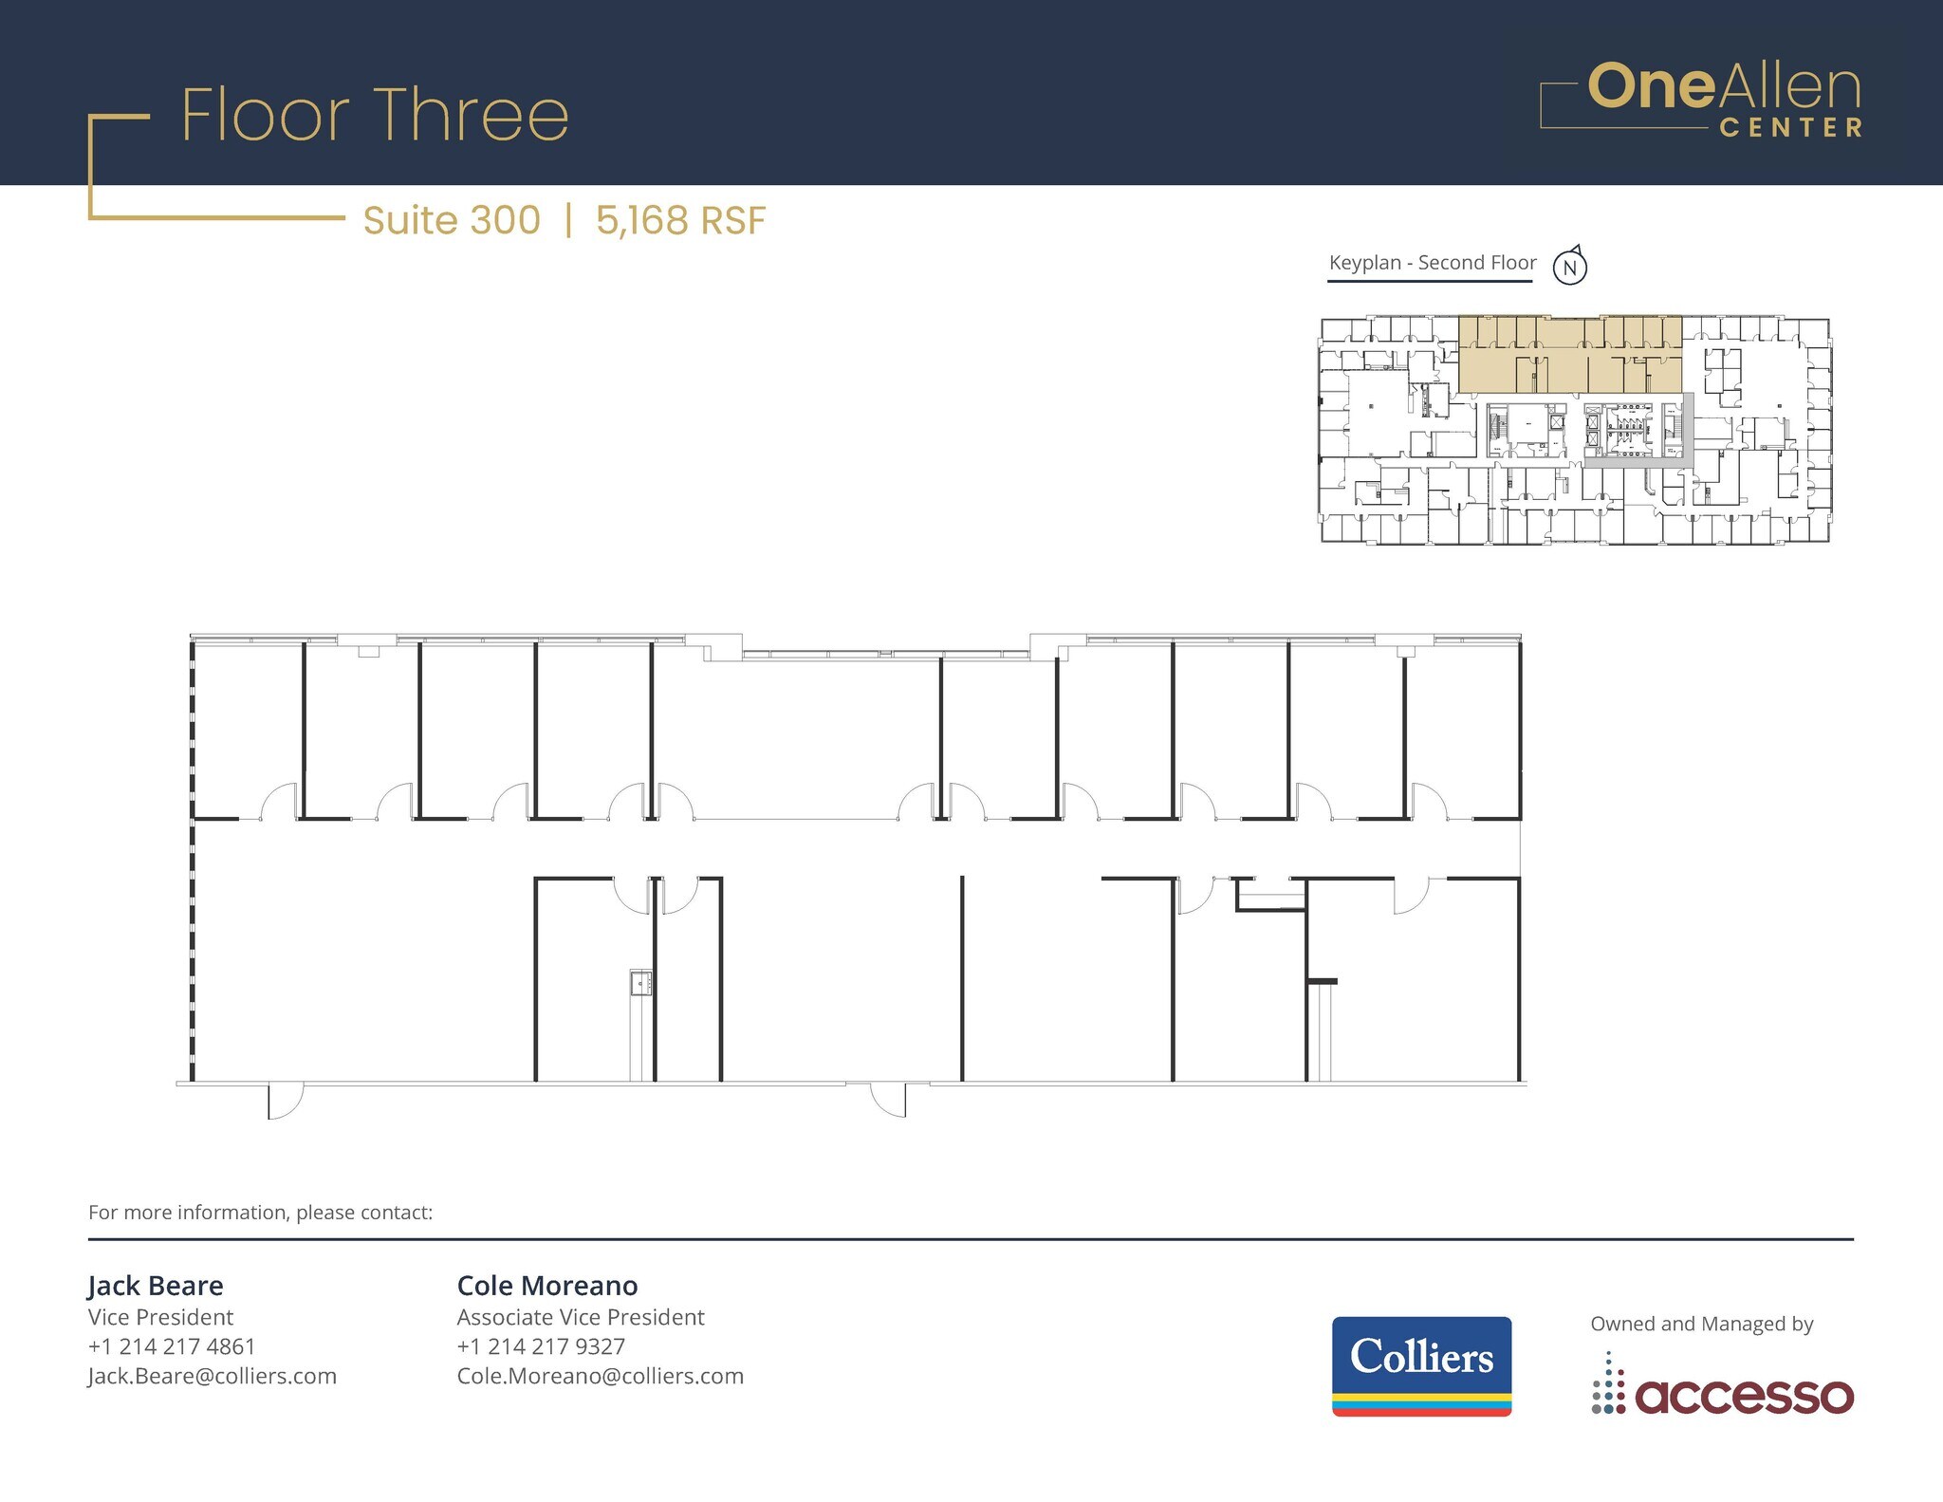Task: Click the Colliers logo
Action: point(1421,1364)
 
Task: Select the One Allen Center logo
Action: point(1701,100)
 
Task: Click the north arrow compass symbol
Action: point(1570,266)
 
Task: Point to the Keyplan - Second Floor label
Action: point(1432,263)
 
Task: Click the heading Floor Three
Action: point(375,116)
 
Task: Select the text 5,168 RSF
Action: point(680,220)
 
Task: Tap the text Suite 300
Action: point(452,220)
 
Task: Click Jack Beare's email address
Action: point(212,1376)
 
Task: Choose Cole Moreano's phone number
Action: point(541,1346)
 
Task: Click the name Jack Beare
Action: point(156,1286)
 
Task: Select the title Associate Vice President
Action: point(581,1317)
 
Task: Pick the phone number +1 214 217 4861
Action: point(172,1346)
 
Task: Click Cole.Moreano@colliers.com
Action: point(600,1376)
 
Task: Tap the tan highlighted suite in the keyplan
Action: point(1570,356)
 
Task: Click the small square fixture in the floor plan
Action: point(641,983)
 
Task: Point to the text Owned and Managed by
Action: point(1702,1324)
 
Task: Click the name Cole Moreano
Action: point(547,1286)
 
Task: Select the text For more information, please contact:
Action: point(260,1213)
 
